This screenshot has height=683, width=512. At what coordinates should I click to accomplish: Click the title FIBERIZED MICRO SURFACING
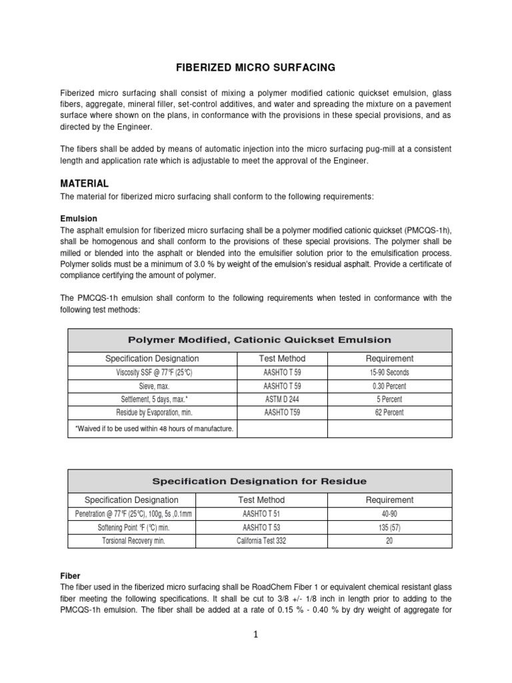[255, 67]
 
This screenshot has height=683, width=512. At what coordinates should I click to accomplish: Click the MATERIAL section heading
[84, 183]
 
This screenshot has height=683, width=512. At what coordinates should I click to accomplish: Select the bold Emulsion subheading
[79, 218]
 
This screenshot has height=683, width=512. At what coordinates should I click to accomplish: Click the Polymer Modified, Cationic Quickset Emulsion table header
[260, 340]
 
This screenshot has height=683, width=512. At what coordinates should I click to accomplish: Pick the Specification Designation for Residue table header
[260, 481]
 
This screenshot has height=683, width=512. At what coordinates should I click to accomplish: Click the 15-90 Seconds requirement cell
[389, 373]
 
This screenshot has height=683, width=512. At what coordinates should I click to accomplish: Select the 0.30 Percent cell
[389, 386]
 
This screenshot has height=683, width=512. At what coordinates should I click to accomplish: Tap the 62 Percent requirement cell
[389, 413]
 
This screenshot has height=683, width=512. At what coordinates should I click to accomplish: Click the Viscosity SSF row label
[153, 373]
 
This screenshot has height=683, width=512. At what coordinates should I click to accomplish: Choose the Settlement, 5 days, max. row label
[153, 400]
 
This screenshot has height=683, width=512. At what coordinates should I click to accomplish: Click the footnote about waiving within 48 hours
[153, 428]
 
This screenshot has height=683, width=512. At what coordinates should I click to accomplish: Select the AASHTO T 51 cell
[261, 514]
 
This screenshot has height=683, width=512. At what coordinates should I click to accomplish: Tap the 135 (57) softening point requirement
[389, 527]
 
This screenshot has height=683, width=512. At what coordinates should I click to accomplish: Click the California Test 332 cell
[261, 541]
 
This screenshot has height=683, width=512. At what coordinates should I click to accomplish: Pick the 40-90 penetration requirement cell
[389, 514]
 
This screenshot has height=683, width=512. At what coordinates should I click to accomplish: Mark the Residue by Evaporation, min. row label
[153, 413]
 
